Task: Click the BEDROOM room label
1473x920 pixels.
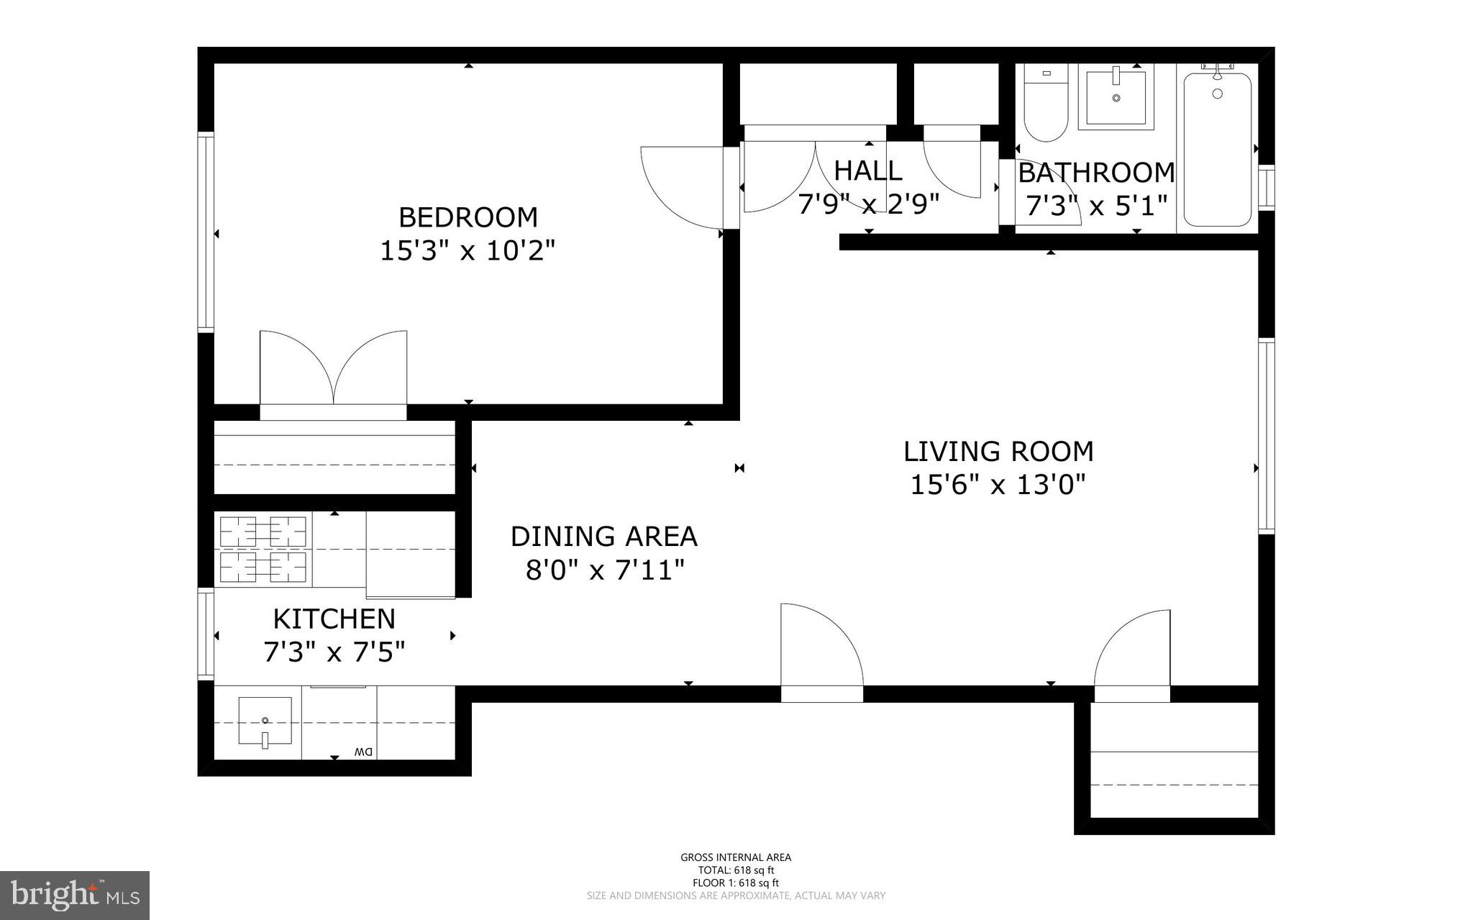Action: (468, 217)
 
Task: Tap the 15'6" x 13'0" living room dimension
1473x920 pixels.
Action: (998, 485)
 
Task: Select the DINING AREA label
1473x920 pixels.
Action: (603, 537)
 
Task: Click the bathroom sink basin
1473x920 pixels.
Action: (1116, 97)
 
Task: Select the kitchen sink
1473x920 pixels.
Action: (265, 721)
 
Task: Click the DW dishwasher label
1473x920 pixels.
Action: (362, 752)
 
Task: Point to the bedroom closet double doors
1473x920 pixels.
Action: (333, 370)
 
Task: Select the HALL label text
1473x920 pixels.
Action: (867, 171)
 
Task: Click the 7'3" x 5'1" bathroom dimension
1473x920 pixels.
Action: (1095, 207)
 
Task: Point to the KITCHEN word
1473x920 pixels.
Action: (334, 619)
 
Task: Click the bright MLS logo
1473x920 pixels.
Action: (75, 896)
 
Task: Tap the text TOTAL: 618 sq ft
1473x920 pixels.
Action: (735, 870)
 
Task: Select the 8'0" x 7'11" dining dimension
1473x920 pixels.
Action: (604, 571)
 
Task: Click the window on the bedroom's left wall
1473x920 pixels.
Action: (206, 232)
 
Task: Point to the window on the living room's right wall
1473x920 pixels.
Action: (1266, 435)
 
